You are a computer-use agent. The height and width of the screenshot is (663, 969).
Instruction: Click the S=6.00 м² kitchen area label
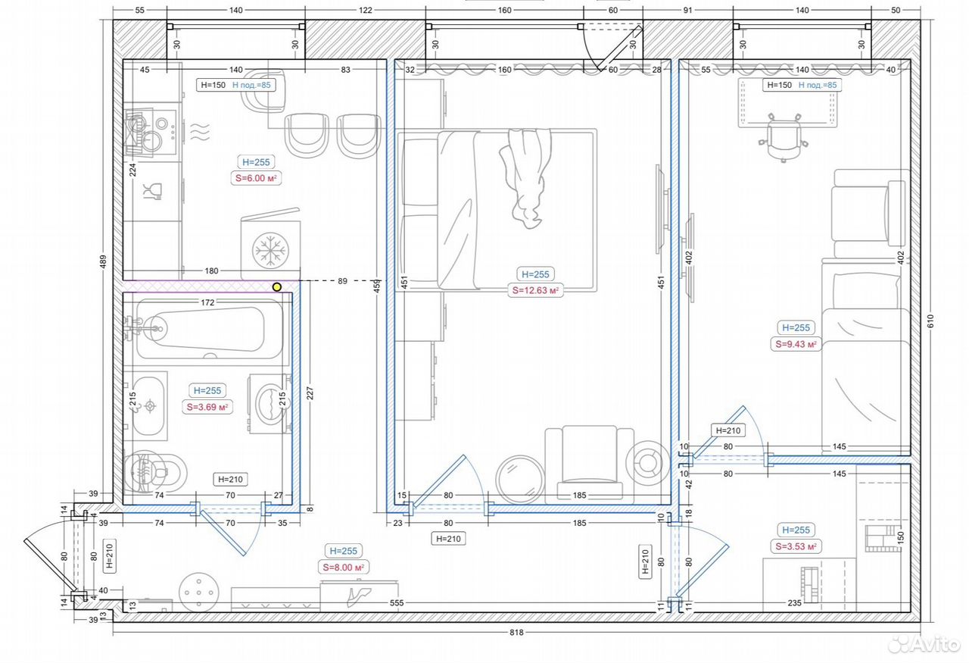click(256, 178)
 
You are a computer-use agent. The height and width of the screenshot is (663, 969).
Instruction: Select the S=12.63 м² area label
click(535, 290)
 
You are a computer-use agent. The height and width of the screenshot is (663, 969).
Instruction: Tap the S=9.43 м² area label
click(796, 344)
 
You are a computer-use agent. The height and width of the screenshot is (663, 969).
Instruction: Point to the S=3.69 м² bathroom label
click(207, 407)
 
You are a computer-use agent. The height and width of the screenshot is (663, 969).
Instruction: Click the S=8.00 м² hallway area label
click(344, 568)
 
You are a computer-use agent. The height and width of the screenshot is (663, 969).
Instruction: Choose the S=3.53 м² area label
click(796, 546)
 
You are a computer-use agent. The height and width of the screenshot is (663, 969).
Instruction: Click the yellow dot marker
click(277, 286)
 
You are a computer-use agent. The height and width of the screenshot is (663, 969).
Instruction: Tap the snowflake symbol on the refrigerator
click(271, 250)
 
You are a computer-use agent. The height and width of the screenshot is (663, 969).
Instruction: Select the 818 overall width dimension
click(516, 633)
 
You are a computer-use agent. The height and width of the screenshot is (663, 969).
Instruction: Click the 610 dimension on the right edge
click(931, 321)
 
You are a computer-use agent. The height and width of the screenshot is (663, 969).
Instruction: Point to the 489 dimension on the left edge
click(103, 262)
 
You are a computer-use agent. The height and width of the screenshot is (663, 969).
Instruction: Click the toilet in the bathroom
click(155, 473)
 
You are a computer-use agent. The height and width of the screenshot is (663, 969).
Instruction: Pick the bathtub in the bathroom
click(209, 329)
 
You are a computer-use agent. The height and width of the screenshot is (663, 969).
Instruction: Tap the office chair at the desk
click(784, 138)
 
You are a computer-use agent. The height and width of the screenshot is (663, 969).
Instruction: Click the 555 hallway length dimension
click(396, 603)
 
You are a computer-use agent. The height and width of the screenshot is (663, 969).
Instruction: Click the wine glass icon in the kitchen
click(153, 192)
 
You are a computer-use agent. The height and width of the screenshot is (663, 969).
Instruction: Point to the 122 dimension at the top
click(365, 10)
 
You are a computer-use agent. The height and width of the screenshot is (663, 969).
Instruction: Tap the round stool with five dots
click(199, 593)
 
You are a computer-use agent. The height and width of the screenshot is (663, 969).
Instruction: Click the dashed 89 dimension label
click(343, 281)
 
